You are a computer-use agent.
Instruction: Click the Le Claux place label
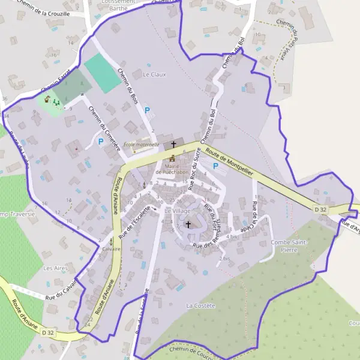coord(154,74)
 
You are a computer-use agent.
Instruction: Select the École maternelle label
coord(141,145)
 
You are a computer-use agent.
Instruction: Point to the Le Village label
coord(176,211)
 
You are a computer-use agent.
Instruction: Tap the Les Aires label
coord(56,268)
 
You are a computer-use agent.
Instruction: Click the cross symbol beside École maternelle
coord(173,145)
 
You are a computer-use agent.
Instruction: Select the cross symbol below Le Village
coord(188,225)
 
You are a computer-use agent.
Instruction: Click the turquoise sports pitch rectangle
coord(102,73)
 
